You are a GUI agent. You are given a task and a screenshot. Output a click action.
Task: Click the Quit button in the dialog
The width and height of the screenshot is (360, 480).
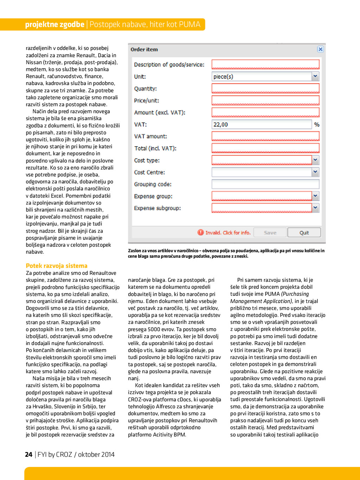304,233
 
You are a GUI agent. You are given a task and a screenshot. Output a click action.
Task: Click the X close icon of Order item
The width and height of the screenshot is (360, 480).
320,49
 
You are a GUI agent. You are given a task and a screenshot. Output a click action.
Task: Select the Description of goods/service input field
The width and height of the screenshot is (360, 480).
265,65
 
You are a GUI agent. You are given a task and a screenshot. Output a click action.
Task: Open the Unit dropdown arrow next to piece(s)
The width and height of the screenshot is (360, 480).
315,76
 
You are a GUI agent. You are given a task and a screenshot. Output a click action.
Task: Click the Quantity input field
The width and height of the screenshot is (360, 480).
265,89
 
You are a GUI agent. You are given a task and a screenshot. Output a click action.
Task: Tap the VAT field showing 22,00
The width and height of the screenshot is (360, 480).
262,124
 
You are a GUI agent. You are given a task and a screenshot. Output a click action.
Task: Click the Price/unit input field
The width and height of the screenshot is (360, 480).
265,100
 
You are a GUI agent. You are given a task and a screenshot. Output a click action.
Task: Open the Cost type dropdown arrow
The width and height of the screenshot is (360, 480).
315,160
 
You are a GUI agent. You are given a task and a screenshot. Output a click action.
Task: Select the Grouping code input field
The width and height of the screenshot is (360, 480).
265,184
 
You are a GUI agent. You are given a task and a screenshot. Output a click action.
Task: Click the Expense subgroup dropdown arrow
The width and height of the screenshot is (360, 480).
315,208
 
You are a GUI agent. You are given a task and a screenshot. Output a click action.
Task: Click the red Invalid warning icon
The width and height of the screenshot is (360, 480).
200,232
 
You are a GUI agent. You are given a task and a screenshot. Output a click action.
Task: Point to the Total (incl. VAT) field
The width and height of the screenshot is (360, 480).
265,148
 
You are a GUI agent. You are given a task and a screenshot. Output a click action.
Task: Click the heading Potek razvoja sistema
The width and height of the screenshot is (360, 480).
57,266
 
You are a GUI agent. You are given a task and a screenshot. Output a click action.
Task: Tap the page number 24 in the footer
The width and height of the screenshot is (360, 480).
29,455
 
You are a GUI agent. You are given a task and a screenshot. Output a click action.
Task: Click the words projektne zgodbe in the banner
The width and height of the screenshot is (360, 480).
54,24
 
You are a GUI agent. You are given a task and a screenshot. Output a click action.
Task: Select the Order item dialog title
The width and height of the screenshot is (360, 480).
144,50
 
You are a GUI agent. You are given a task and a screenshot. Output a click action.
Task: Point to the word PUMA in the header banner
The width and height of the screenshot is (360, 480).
189,24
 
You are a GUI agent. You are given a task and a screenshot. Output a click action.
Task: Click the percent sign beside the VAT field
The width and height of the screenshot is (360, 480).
317,125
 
